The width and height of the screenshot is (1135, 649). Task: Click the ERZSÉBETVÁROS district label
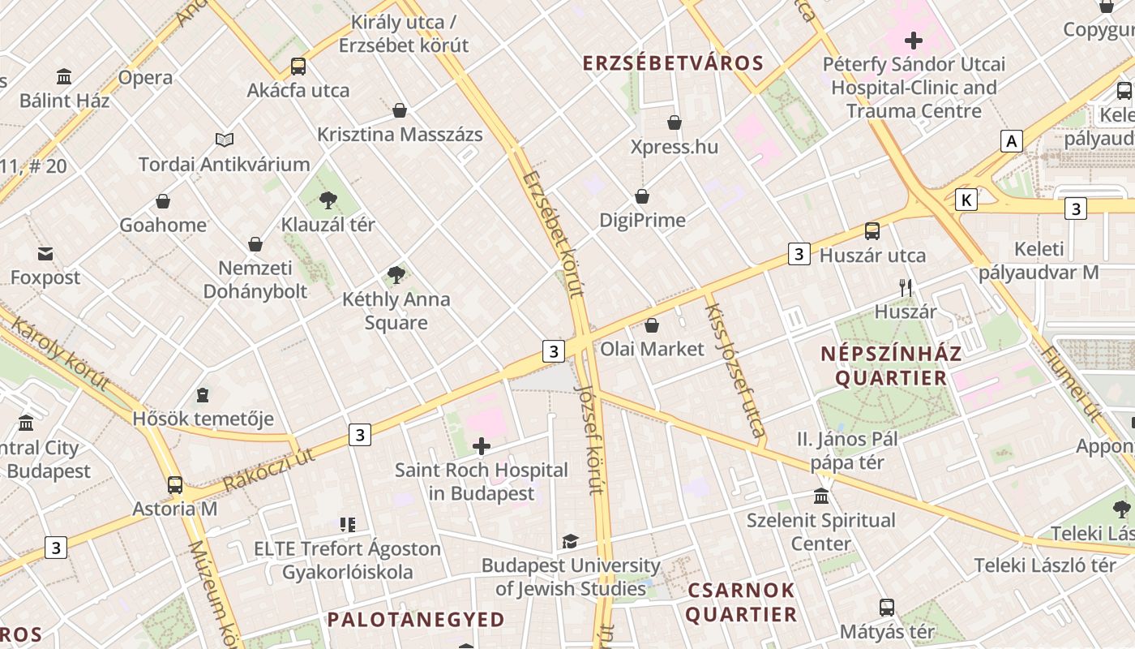pyautogui.click(x=673, y=63)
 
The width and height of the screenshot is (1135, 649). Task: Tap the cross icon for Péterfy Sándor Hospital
pyautogui.click(x=914, y=40)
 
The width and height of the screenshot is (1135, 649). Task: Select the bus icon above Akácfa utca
pyautogui.click(x=298, y=67)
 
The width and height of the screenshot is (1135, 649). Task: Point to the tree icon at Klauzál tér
pyautogui.click(x=328, y=200)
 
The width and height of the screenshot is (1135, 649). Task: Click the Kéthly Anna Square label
pyautogui.click(x=396, y=311)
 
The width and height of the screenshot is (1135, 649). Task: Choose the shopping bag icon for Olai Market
pyautogui.click(x=651, y=325)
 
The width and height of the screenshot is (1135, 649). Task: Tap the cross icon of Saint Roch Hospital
pyautogui.click(x=482, y=445)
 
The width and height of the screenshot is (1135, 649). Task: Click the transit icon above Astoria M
pyautogui.click(x=174, y=485)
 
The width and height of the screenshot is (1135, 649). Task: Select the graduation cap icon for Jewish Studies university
pyautogui.click(x=571, y=541)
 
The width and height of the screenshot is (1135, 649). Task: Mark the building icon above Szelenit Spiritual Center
pyautogui.click(x=821, y=496)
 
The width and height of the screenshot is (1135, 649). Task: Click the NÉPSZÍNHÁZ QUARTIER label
pyautogui.click(x=891, y=366)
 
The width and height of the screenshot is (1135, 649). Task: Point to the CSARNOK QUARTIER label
pyautogui.click(x=740, y=602)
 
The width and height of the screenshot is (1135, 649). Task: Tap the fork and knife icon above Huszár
pyautogui.click(x=906, y=287)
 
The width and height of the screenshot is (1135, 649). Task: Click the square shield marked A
pyautogui.click(x=1011, y=141)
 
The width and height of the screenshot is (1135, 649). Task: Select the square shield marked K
pyautogui.click(x=966, y=200)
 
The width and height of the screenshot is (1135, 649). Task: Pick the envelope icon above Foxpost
pyautogui.click(x=45, y=254)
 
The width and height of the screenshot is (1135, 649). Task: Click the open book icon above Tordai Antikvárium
pyautogui.click(x=225, y=140)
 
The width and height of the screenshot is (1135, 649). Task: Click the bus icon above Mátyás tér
pyautogui.click(x=887, y=607)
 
